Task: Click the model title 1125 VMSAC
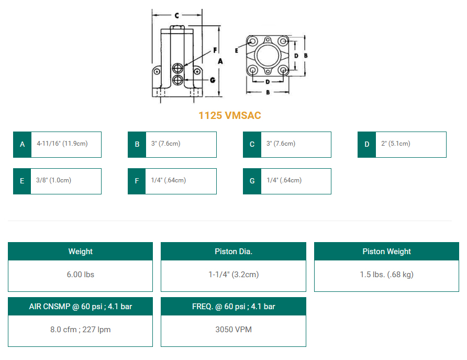click(x=229, y=116)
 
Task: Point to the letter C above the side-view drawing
click(x=177, y=16)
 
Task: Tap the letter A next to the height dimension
click(x=220, y=61)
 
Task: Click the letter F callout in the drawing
click(x=215, y=50)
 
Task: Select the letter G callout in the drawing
click(x=212, y=80)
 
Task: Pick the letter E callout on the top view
click(x=237, y=50)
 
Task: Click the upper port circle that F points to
click(x=179, y=69)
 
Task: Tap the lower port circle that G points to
click(x=179, y=80)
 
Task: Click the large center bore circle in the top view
click(x=268, y=55)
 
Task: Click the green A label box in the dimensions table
click(x=22, y=144)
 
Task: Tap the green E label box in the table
click(x=22, y=181)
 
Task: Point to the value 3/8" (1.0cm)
click(x=54, y=180)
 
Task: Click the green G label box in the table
click(x=252, y=181)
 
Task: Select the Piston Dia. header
click(x=233, y=252)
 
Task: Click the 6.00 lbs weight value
click(x=80, y=275)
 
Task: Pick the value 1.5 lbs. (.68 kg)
click(x=386, y=275)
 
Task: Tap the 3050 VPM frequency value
click(x=233, y=330)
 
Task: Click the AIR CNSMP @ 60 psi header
click(x=80, y=307)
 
